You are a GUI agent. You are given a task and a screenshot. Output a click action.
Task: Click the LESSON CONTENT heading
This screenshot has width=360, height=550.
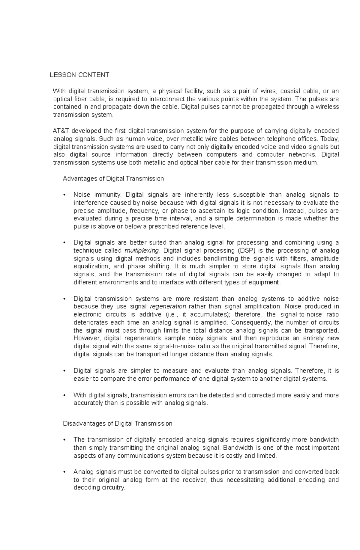(79, 75)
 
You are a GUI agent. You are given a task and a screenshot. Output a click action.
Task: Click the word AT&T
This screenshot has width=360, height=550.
(61, 131)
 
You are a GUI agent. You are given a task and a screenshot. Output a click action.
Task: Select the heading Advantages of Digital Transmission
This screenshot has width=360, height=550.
(113, 179)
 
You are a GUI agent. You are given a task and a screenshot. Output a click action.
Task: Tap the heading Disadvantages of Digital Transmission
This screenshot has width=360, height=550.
(117, 424)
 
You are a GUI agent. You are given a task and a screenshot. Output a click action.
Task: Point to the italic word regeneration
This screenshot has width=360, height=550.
(168, 306)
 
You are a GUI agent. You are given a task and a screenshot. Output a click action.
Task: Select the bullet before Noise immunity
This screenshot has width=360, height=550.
(64, 195)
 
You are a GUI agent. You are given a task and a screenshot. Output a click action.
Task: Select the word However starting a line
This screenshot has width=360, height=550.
(85, 338)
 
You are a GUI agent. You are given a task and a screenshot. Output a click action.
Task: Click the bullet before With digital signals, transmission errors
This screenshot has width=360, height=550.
(64, 395)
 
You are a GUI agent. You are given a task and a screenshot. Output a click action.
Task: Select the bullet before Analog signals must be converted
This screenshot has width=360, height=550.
(64, 472)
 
